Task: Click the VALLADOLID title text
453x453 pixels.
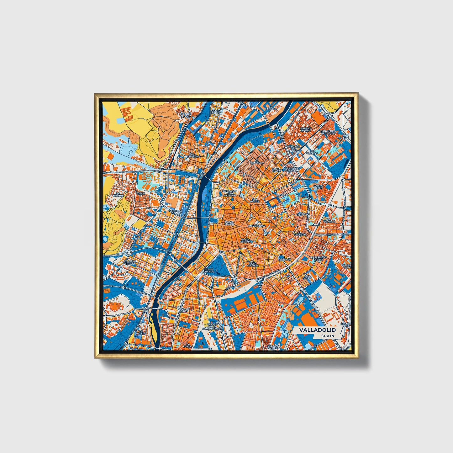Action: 317,330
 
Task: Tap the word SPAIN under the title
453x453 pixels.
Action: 327,336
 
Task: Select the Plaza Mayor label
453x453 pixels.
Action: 229,223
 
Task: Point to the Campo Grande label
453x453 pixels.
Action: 209,270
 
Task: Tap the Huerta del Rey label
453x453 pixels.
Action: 177,212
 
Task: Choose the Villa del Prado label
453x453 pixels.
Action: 130,262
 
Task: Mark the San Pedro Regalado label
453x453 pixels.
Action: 328,132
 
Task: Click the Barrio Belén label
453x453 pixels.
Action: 318,187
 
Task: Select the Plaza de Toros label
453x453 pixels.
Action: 184,309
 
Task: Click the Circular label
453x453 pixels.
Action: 285,260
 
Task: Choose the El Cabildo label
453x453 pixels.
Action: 270,108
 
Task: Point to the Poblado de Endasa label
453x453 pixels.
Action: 294,149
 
